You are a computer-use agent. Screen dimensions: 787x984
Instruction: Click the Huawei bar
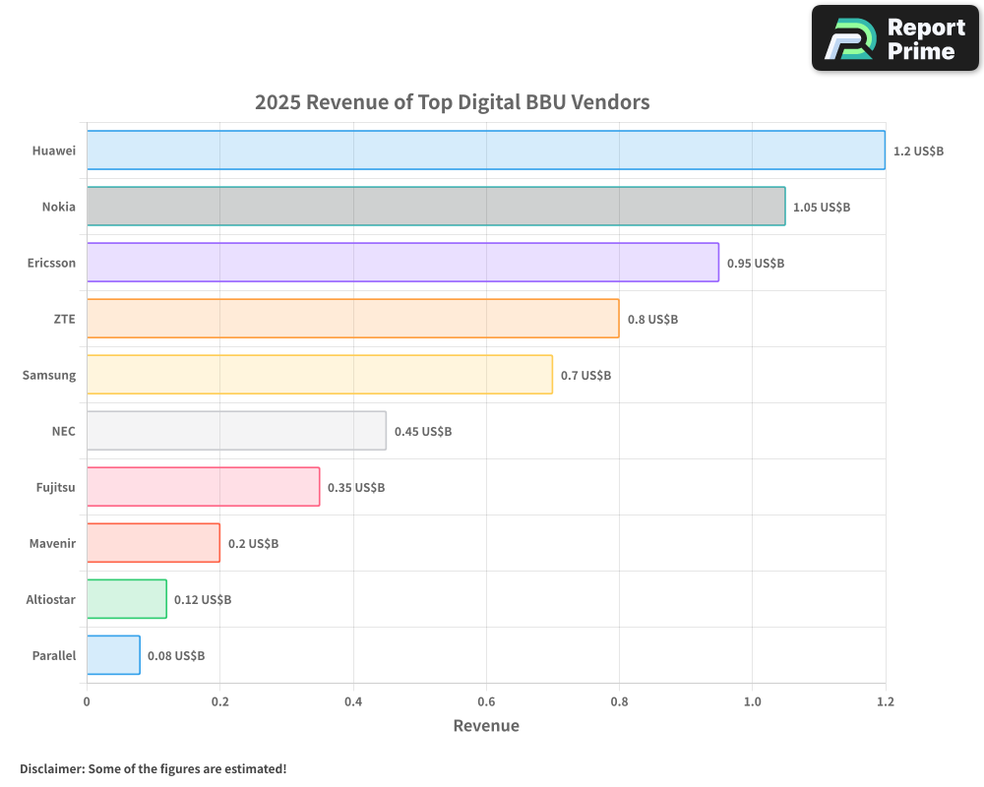[485, 151]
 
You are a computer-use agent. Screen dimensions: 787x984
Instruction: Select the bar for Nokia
[436, 207]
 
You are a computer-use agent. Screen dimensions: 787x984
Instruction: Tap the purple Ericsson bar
[402, 263]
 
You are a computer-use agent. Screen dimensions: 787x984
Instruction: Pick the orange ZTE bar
[352, 319]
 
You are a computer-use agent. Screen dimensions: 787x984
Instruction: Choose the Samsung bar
[319, 375]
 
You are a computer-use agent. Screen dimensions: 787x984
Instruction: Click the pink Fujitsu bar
[203, 487]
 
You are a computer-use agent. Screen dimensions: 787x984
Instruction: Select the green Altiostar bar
[126, 599]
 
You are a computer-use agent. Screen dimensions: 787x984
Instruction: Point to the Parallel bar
[113, 655]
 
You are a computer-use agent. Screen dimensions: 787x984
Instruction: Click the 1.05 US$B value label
[822, 208]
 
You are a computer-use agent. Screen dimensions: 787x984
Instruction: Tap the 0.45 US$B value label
[423, 432]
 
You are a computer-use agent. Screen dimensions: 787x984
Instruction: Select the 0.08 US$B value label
[176, 656]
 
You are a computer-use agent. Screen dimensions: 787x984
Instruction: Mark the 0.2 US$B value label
[253, 544]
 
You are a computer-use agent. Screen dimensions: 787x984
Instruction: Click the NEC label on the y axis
[63, 432]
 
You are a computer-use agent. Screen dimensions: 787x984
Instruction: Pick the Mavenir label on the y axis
[52, 544]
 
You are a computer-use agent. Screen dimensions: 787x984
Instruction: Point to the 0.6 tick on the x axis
[486, 702]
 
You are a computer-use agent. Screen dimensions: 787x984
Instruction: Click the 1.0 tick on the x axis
[752, 702]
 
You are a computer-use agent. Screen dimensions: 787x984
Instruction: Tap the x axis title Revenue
[486, 726]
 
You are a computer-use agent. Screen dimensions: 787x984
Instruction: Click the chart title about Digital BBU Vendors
[453, 102]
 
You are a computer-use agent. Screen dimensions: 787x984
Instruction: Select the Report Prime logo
[894, 38]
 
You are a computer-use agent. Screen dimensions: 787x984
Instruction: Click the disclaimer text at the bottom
[154, 768]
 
